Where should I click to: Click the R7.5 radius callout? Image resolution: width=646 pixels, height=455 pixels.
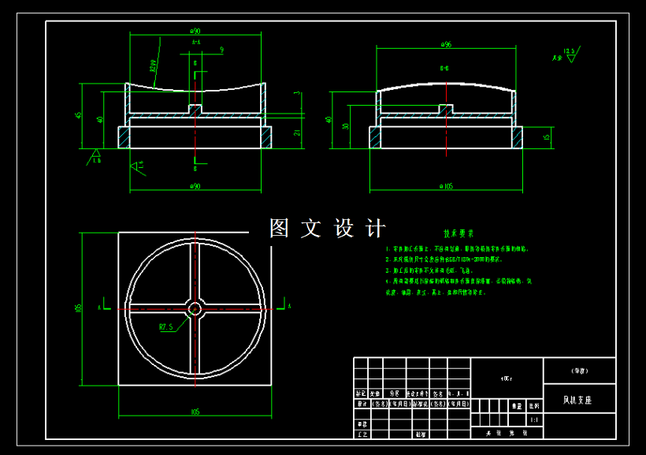[x=166, y=325]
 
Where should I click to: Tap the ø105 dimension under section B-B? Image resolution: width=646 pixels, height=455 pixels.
[x=447, y=186]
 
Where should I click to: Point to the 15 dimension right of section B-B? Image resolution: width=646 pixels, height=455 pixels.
[x=546, y=137]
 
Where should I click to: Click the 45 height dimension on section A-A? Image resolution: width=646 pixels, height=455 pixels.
[x=79, y=115]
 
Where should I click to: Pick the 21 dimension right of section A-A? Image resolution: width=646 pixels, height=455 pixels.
[x=297, y=133]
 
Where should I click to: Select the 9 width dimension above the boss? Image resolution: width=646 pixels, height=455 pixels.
[x=222, y=50]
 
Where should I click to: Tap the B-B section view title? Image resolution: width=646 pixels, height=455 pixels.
[x=445, y=69]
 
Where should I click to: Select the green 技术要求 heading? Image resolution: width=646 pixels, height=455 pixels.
[x=459, y=233]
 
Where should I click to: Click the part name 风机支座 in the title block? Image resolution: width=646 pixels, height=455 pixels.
[x=577, y=401]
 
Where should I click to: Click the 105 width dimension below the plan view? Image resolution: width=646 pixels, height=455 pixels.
[x=194, y=412]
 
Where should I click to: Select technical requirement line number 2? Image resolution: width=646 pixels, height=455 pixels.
[x=388, y=259]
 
